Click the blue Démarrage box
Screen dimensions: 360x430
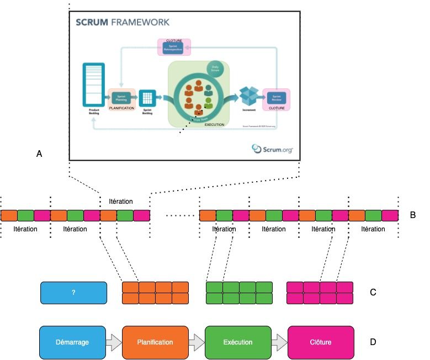73,342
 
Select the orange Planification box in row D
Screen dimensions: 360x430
155,342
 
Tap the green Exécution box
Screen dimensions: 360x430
238,342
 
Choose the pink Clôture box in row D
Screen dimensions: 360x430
321,342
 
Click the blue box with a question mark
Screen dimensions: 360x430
73,293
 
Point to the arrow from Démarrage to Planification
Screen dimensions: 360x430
114,342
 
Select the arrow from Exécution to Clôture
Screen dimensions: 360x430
279,342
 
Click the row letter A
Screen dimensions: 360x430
39,155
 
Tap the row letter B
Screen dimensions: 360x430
413,215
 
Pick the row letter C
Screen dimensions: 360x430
373,292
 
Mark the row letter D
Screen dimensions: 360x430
373,342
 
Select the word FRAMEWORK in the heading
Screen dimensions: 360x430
141,23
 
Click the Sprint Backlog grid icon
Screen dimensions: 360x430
147,98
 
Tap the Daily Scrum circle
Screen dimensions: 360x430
216,68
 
